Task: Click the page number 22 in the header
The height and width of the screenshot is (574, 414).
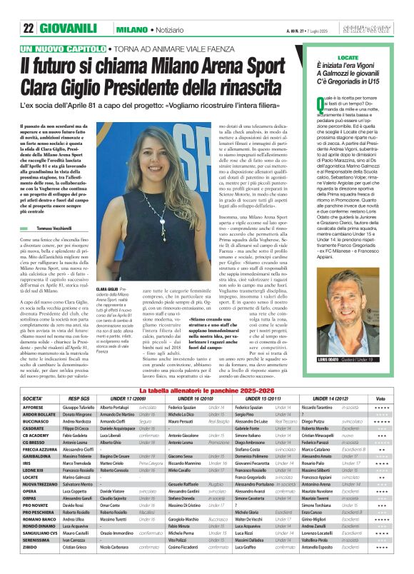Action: tap(29, 9)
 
